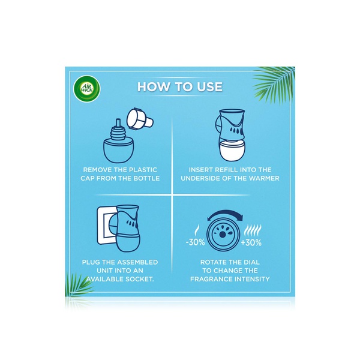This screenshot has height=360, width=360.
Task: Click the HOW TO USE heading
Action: pos(180,87)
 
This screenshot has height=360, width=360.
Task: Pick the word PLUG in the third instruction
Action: pos(92,262)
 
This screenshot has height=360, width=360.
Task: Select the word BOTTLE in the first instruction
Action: pos(143,179)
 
